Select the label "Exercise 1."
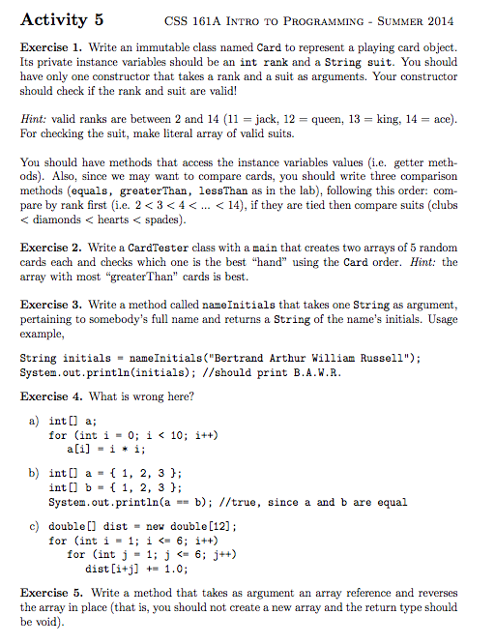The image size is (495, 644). [x=51, y=46]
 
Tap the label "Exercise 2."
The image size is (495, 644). [x=51, y=248]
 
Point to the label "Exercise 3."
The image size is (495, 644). [x=51, y=305]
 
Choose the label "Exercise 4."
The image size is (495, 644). [x=51, y=396]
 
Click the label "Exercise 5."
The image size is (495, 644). [x=51, y=593]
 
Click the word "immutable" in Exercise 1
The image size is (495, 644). [x=164, y=46]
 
